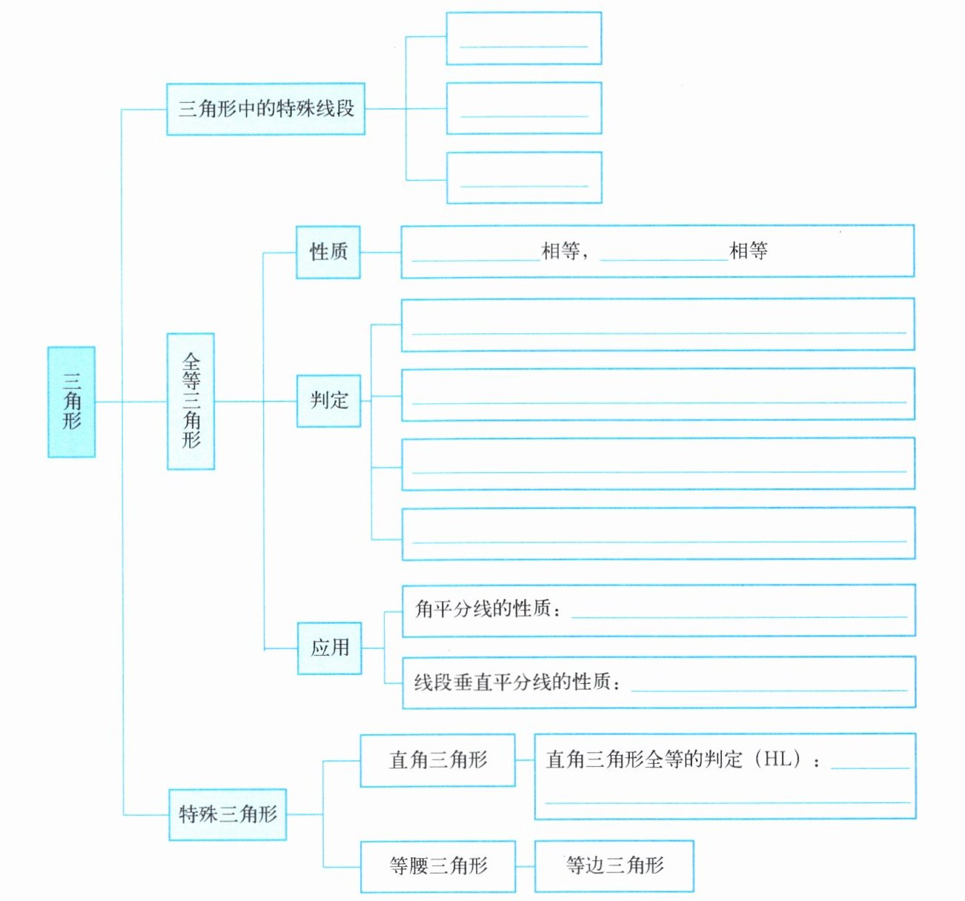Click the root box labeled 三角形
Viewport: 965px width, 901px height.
pos(71,402)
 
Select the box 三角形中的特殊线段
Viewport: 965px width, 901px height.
pos(266,109)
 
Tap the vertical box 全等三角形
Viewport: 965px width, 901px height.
pos(191,402)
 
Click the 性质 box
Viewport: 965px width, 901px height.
pos(328,252)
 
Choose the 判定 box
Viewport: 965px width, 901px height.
pos(329,401)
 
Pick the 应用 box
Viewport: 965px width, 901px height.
pos(329,648)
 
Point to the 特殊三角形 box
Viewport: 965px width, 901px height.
pos(228,814)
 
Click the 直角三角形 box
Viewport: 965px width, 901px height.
pos(438,760)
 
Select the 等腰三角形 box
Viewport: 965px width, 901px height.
pos(438,866)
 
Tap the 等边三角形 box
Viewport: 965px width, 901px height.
pos(614,866)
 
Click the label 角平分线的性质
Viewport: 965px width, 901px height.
pos(482,608)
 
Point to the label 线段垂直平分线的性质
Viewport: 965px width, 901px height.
pos(512,682)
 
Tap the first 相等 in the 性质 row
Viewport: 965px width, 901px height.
pos(561,250)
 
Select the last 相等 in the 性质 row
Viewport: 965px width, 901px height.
pos(749,250)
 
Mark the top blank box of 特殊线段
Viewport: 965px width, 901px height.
pos(524,39)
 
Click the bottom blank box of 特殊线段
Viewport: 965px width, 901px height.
pos(524,178)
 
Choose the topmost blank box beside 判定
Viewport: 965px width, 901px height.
pos(658,325)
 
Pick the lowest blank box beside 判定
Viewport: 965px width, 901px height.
pos(659,533)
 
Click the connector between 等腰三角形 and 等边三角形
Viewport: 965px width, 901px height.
pos(525,866)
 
